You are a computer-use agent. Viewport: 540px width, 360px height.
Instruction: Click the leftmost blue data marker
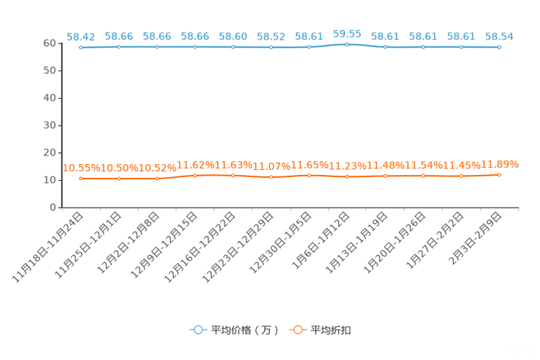coord(81,47)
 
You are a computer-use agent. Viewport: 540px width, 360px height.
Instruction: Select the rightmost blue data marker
coord(499,47)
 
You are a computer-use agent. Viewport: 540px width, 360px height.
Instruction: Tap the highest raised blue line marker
coord(347,44)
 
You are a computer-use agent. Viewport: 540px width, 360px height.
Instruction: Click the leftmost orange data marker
coord(81,178)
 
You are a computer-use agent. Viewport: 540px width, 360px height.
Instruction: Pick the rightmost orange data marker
coord(499,174)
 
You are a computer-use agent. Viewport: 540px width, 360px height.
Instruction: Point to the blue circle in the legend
coord(197,330)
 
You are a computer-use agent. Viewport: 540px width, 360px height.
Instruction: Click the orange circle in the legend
coord(298,330)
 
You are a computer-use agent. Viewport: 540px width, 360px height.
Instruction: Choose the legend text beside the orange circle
coord(331,330)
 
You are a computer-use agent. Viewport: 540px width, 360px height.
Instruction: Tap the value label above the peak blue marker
coord(347,33)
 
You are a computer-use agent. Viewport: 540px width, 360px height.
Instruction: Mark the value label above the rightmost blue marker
coord(499,36)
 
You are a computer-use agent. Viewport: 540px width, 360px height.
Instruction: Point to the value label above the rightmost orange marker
coord(501,163)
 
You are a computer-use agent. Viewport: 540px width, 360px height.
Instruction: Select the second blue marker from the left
coord(119,47)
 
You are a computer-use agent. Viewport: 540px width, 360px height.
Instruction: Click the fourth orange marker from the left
coord(195,175)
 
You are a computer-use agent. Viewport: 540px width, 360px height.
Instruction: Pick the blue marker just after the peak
coord(385,47)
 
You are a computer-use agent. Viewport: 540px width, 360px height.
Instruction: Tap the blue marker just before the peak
coord(309,47)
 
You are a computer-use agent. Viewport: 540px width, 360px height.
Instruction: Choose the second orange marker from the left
coord(119,178)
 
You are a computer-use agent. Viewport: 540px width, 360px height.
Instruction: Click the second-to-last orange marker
coord(461,176)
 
